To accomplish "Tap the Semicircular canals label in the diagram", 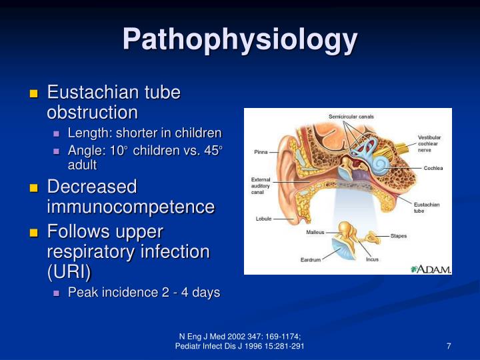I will point(351,117).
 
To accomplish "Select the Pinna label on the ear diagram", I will point(261,152).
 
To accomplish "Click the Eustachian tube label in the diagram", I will point(427,207).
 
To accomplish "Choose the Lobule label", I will point(263,219).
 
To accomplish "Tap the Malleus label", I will point(315,232).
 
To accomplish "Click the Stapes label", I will point(398,235).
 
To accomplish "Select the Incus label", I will point(372,259).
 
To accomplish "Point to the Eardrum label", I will point(311,259).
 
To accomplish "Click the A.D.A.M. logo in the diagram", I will point(431,269).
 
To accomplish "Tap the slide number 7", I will point(449,346).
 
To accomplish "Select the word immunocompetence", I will point(130,207).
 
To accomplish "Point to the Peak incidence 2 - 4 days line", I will point(143,293).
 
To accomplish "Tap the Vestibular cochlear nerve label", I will point(429,144).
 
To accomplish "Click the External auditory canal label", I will point(261,185).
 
